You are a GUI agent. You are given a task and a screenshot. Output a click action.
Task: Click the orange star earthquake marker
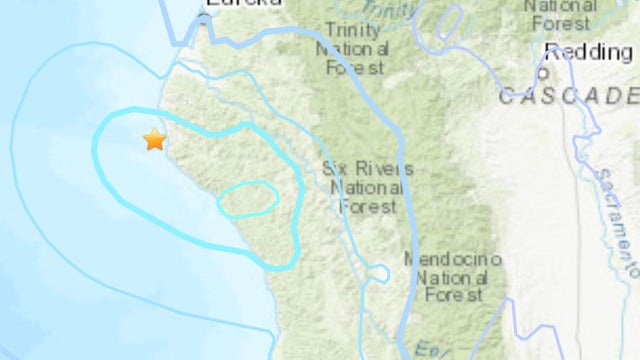click(x=154, y=140)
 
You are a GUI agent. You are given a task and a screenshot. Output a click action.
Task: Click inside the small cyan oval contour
click(x=247, y=199)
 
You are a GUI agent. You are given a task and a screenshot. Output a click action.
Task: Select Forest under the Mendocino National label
click(x=453, y=295)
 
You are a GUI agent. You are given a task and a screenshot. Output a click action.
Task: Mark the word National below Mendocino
click(x=452, y=277)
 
